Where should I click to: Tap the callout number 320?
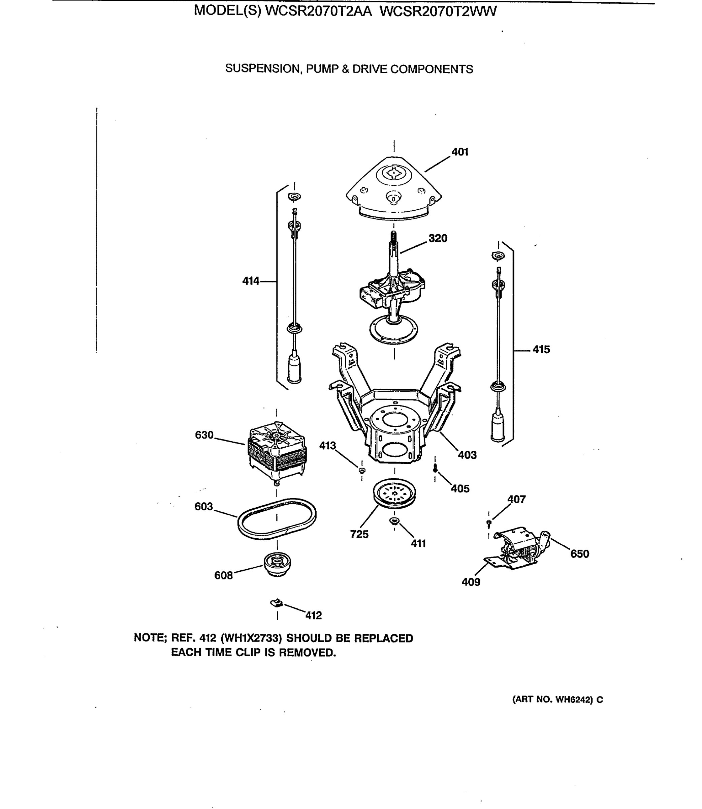pos(438,238)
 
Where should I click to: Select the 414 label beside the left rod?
pos(251,281)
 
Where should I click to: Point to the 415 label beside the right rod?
pos(541,349)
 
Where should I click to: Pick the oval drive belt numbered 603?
pos(277,519)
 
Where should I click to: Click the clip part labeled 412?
pos(277,603)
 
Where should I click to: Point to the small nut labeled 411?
pos(394,521)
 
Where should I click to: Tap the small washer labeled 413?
pos(362,470)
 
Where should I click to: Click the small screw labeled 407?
pos(488,522)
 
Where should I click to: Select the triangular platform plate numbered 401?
pos(394,188)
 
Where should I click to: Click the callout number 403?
pos(467,455)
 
